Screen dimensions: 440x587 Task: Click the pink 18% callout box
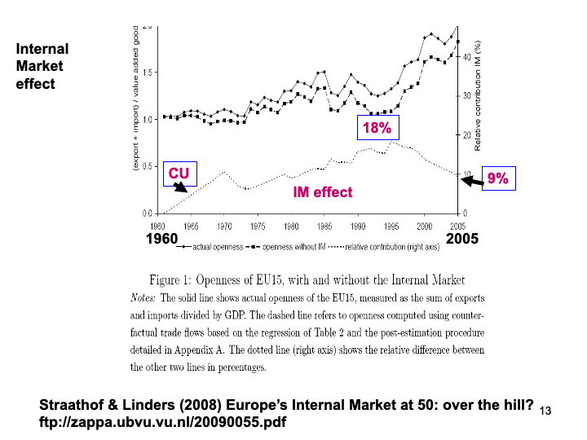(x=377, y=128)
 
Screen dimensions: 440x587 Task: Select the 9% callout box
(x=497, y=178)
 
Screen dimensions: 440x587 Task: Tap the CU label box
(x=179, y=174)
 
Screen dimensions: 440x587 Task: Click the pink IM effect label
(x=323, y=191)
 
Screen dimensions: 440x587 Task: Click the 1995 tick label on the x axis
(x=391, y=224)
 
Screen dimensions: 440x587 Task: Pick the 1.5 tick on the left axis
(x=147, y=73)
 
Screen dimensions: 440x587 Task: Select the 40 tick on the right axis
(x=467, y=57)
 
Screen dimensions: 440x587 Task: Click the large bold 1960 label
(x=161, y=239)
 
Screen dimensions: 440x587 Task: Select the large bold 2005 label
(x=462, y=239)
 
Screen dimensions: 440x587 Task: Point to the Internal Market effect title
(x=42, y=67)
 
